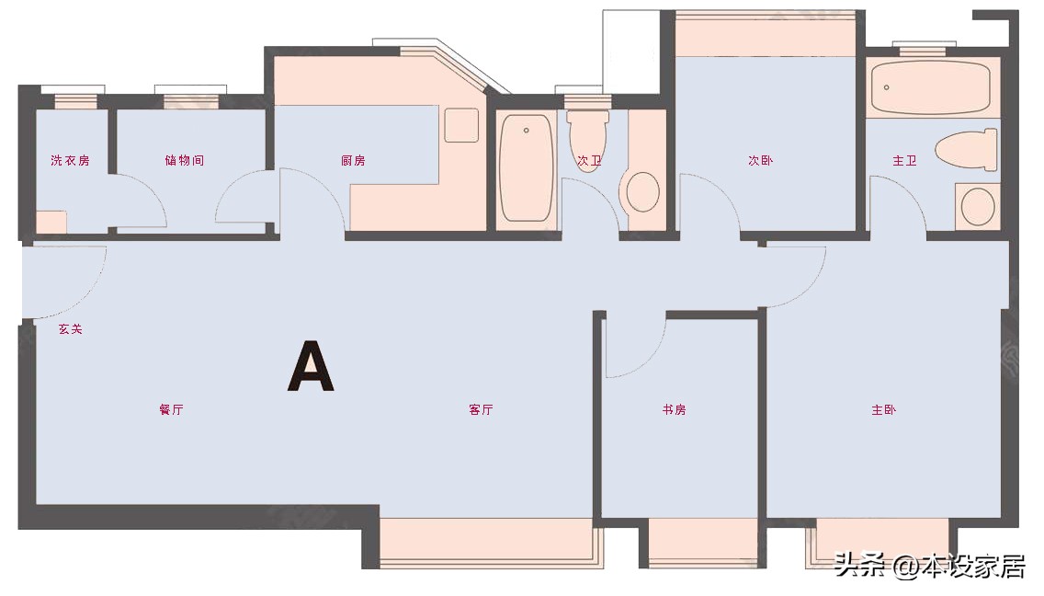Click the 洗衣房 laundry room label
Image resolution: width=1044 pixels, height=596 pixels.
70,161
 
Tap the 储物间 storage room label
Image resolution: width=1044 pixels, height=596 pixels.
185,161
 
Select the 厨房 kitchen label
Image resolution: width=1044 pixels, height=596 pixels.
353,161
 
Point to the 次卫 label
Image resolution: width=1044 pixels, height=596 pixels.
588,161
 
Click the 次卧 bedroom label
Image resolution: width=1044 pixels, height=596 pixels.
760,161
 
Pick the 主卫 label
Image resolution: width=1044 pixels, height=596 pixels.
904,161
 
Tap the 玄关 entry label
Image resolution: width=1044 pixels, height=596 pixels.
70,329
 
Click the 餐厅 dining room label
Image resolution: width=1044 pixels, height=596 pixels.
171,409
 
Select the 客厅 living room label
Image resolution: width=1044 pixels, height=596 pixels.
481,409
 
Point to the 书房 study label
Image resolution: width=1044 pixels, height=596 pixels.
674,409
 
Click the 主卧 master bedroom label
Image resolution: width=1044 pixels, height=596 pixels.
883,409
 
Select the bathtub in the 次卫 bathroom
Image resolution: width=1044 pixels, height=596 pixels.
527,168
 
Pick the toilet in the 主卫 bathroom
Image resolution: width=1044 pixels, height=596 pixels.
966,150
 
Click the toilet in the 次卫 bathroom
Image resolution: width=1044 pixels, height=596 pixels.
588,141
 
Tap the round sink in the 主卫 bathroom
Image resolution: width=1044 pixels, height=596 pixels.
978,207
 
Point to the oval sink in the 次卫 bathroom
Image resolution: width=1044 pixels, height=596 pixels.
643,192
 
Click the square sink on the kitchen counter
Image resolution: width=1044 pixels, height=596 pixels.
461,125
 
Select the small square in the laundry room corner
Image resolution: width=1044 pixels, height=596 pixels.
51,222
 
